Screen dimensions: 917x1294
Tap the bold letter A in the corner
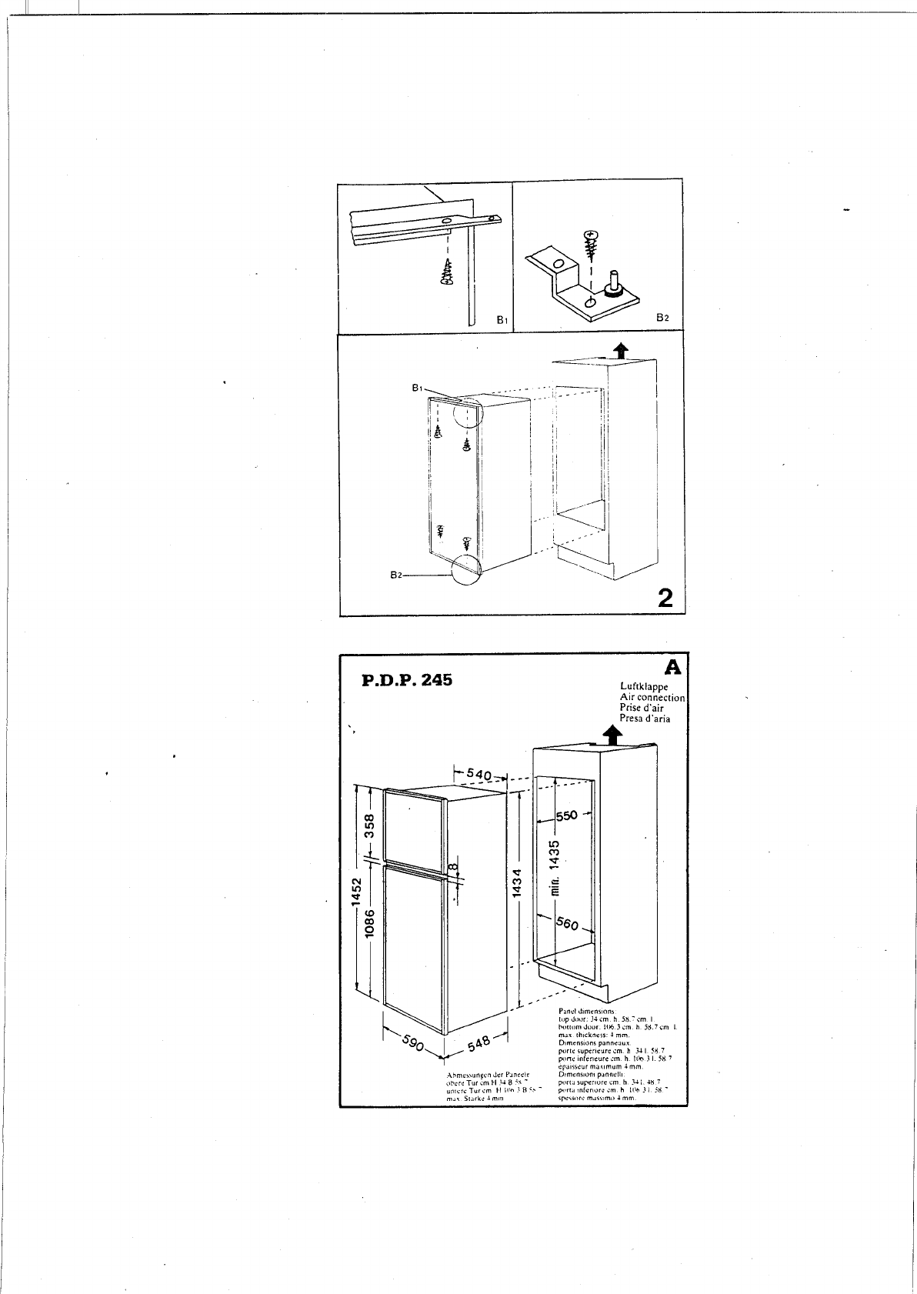pos(674,666)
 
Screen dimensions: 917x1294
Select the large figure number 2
pos(665,598)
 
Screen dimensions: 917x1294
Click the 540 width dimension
pos(479,775)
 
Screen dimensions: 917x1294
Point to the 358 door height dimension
pos(369,828)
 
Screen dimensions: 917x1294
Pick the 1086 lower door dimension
pos(369,923)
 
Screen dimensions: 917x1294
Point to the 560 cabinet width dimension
pos(567,922)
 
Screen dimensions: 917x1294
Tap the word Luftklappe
pos(643,686)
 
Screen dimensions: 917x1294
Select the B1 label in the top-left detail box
pos(500,319)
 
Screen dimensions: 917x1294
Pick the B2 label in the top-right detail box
pos(662,317)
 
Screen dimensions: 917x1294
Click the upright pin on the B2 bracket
pos(615,280)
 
